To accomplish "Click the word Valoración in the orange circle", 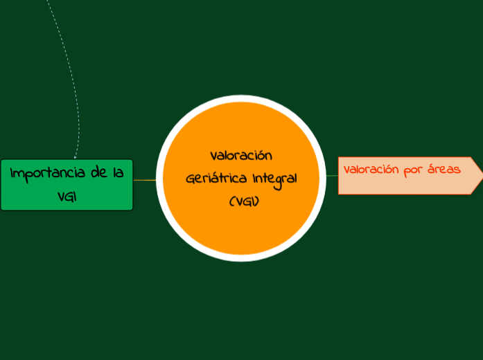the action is click(241, 155).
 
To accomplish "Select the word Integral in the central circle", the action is click(274, 178).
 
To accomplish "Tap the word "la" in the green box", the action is click(118, 173).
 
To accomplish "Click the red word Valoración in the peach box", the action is click(371, 170).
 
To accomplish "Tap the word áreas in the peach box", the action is click(444, 170).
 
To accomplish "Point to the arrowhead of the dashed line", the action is click(75, 156).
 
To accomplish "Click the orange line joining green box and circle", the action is click(144, 180).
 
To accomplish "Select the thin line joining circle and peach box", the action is click(331, 176).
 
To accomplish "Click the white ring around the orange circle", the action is click(241, 99).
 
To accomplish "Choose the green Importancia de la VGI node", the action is click(67, 184).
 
